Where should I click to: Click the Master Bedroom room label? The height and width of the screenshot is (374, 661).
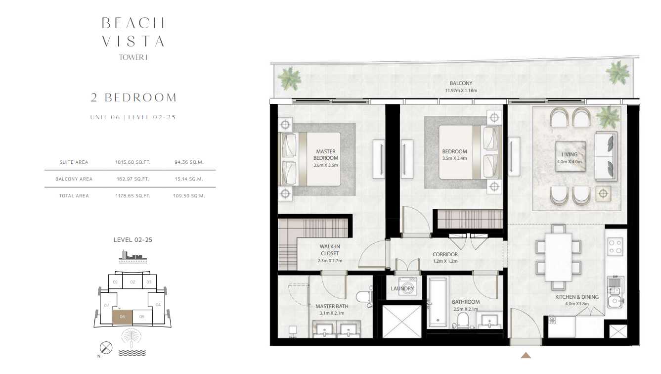point(326,155)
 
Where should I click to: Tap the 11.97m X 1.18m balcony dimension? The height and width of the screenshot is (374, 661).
point(461,91)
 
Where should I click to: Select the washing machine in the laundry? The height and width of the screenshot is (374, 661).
point(407,286)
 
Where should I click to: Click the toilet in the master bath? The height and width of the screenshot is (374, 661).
point(364,297)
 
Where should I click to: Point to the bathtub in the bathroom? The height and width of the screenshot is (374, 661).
point(438,302)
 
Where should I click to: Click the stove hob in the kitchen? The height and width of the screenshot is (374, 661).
point(615,246)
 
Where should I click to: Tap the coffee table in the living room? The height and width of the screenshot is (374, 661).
point(571,156)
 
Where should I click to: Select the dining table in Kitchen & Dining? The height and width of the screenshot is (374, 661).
point(558,257)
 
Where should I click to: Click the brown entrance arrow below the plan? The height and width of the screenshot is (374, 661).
point(526,355)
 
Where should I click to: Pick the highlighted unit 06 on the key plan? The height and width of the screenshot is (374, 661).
point(122,317)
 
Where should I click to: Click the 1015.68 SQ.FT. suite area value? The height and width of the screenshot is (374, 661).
point(133,162)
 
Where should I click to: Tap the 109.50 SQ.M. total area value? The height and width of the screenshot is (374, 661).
point(189,196)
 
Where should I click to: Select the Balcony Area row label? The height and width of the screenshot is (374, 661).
point(74,179)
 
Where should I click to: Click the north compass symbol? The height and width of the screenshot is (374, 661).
point(106,348)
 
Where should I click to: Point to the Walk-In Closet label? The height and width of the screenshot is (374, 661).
point(330,250)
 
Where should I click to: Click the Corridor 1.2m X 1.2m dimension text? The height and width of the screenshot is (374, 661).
point(445,261)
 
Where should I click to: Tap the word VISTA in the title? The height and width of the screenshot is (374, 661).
point(133,41)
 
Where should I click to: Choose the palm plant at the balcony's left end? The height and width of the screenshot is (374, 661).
point(289,78)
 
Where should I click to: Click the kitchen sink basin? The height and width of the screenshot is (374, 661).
point(615,301)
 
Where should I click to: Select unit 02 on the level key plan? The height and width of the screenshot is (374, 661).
point(133,282)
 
